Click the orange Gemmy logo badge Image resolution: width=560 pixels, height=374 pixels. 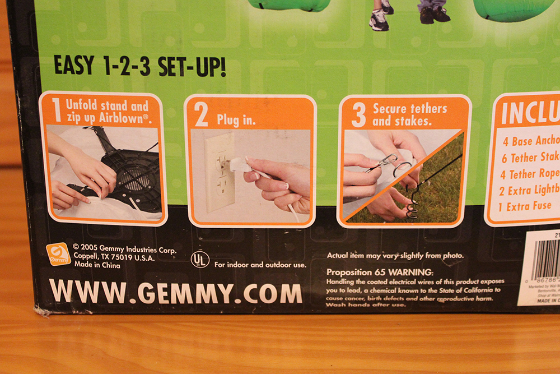pyautogui.click(x=58, y=254)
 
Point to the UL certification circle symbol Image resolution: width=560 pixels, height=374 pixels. pyautogui.click(x=200, y=259)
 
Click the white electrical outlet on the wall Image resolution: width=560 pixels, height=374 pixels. pyautogui.click(x=219, y=172)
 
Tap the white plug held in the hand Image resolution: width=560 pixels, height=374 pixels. pyautogui.click(x=239, y=165)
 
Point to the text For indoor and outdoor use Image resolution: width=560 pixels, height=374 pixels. pyautogui.click(x=260, y=265)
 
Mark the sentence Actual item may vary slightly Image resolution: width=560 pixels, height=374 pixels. pyautogui.click(x=395, y=256)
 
